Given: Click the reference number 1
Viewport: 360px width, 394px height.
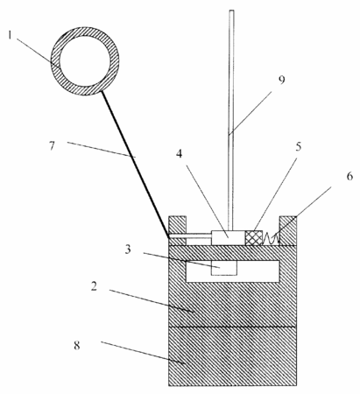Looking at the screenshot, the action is tap(10, 35).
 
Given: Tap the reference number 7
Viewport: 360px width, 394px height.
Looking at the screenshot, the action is tap(52, 145).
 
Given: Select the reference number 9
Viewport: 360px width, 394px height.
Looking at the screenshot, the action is tap(281, 80).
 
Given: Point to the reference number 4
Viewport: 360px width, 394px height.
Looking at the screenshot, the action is tap(179, 154).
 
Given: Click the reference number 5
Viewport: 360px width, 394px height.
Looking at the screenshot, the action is tap(298, 147).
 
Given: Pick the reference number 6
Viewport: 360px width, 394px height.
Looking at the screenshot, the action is tap(349, 176).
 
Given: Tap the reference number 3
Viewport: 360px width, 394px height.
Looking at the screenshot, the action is tap(128, 250).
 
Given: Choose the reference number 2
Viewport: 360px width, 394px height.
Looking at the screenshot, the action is tap(94, 286).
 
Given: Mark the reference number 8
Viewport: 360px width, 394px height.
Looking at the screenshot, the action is tap(77, 346).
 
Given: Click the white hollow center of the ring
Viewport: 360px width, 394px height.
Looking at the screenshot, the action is tap(85, 61).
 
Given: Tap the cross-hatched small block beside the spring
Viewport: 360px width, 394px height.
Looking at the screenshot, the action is tap(254, 238).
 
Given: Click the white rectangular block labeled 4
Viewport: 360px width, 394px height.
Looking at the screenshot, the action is tap(228, 238).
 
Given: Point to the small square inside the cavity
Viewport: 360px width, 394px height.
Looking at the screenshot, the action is tap(224, 268).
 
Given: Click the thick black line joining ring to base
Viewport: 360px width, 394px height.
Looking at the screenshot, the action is tap(135, 165).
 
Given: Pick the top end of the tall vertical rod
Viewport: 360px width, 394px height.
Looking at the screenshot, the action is tap(231, 11).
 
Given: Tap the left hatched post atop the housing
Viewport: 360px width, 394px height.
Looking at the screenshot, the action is tap(177, 230).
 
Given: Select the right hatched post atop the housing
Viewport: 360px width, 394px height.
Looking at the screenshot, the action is tap(288, 230).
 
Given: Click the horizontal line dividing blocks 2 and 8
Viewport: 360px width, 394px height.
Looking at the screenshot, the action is tap(233, 327).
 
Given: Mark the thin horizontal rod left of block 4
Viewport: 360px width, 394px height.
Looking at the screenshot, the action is tap(190, 236).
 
